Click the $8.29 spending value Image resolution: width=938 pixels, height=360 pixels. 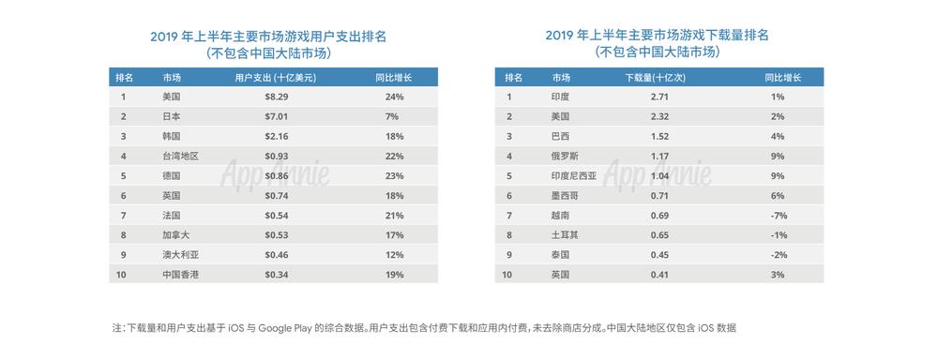click(x=275, y=97)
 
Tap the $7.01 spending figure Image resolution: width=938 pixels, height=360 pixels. click(x=275, y=116)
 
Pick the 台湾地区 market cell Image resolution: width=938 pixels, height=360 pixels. click(x=181, y=156)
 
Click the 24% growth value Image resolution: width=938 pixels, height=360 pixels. click(x=393, y=97)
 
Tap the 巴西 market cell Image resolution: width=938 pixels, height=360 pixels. click(x=560, y=136)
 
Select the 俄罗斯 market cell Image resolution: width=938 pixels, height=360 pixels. click(x=565, y=156)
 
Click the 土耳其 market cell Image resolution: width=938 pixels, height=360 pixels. click(x=565, y=234)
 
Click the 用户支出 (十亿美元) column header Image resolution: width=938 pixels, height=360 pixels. click(x=275, y=77)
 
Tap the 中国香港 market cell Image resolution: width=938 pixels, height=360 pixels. click(x=181, y=274)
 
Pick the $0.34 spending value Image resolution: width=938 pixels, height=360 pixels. click(x=275, y=274)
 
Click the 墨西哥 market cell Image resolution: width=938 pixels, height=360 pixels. click(x=565, y=195)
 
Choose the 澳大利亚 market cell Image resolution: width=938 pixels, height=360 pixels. click(x=181, y=254)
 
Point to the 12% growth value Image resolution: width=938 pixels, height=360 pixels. click(x=393, y=254)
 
